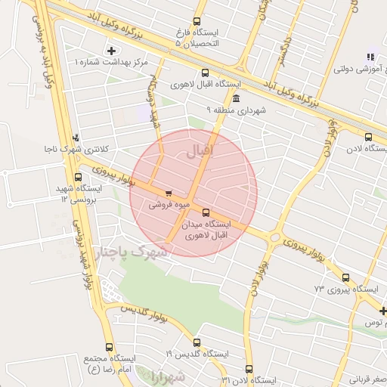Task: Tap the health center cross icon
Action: (x=112, y=51)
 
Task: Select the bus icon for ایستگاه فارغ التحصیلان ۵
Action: (x=197, y=22)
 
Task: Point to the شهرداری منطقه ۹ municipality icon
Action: (x=237, y=99)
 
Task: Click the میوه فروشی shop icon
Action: (x=168, y=192)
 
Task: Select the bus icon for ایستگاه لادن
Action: (x=368, y=137)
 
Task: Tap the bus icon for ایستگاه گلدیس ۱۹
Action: (x=197, y=342)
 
